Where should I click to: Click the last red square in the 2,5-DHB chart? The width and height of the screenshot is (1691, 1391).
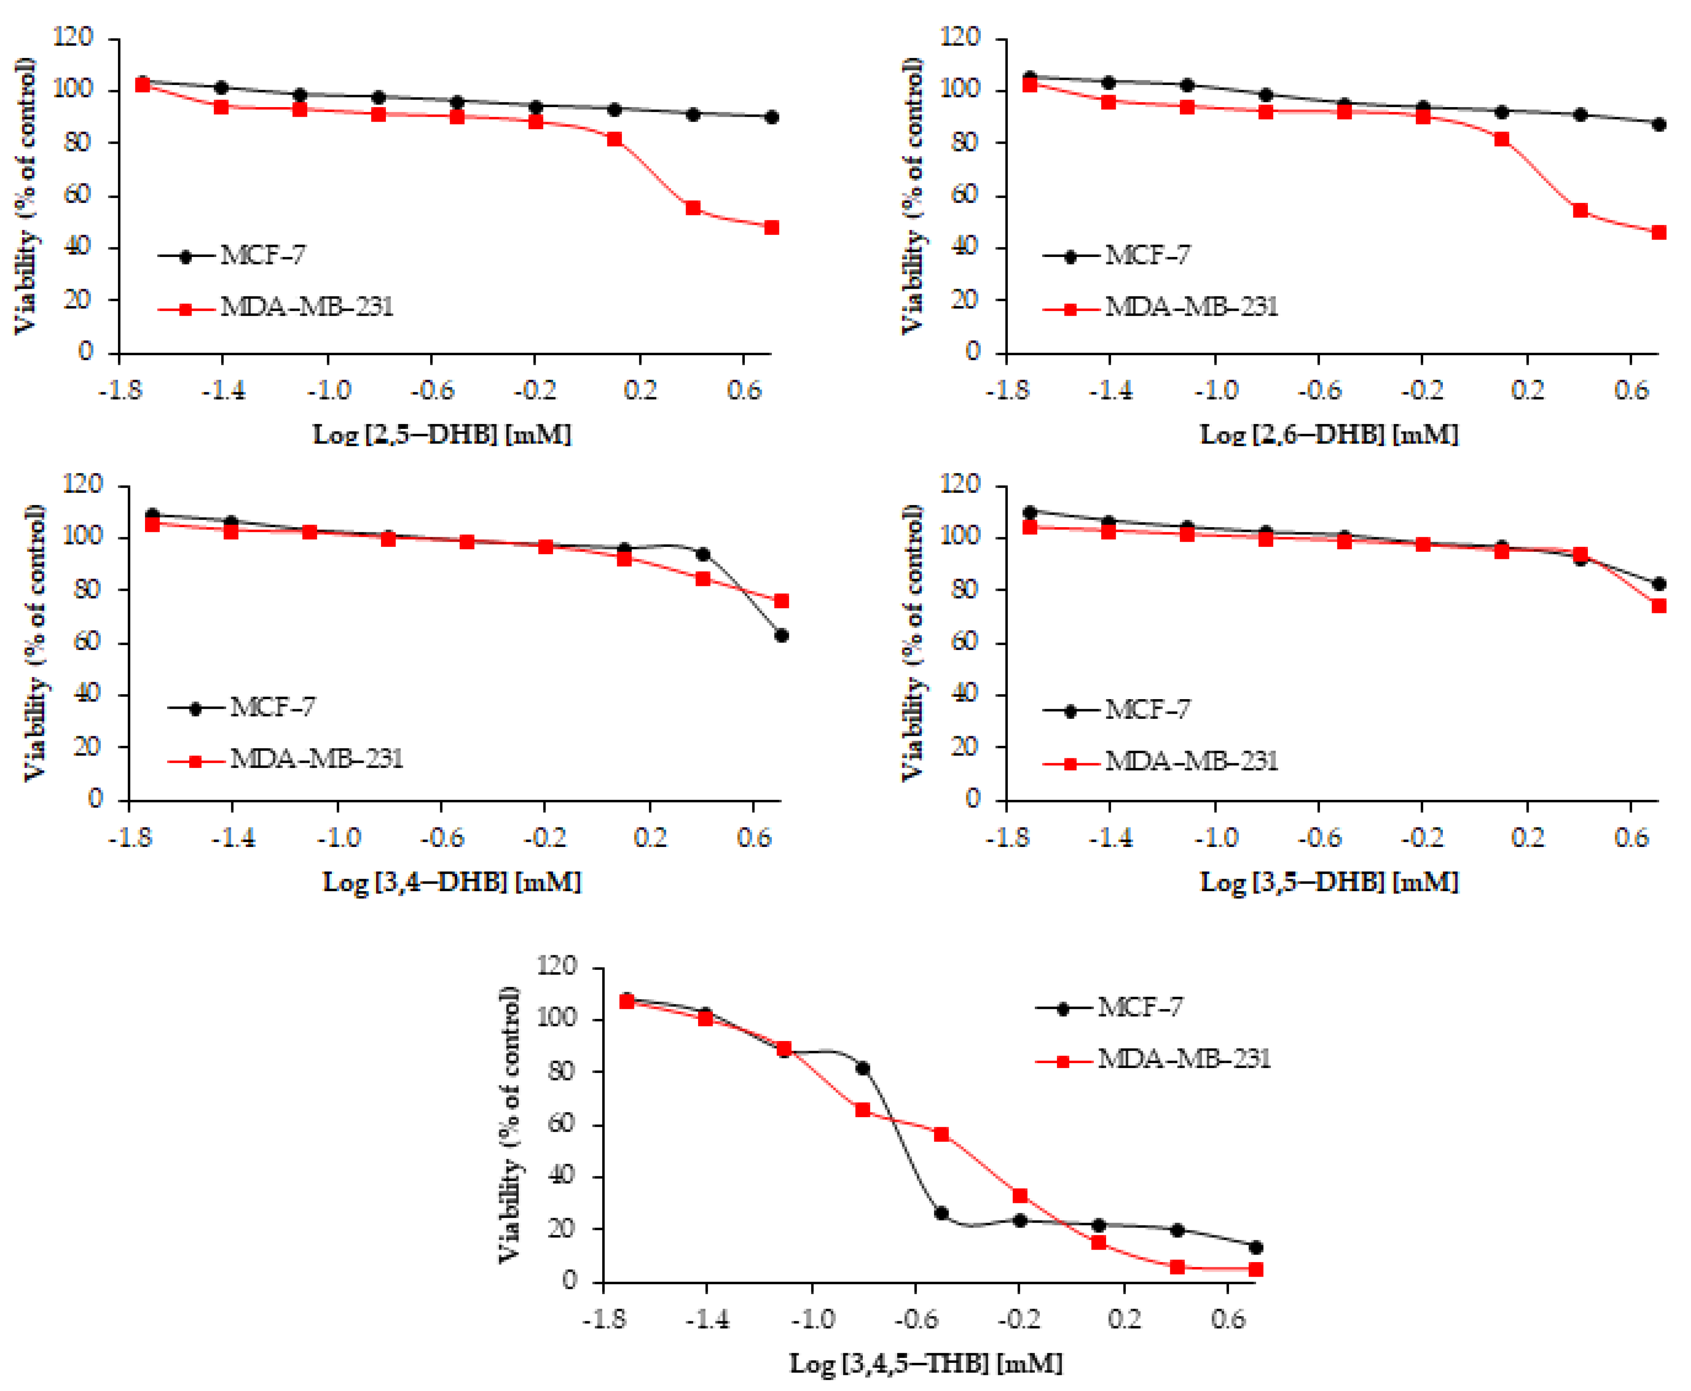(771, 228)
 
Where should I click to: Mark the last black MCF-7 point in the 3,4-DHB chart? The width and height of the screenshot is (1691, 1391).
(781, 635)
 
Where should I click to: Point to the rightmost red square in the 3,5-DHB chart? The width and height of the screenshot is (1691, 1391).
(1658, 606)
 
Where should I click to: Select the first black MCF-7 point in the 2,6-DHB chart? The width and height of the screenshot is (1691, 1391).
(1030, 78)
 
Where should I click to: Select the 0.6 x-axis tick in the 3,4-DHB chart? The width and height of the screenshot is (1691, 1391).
(753, 838)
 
